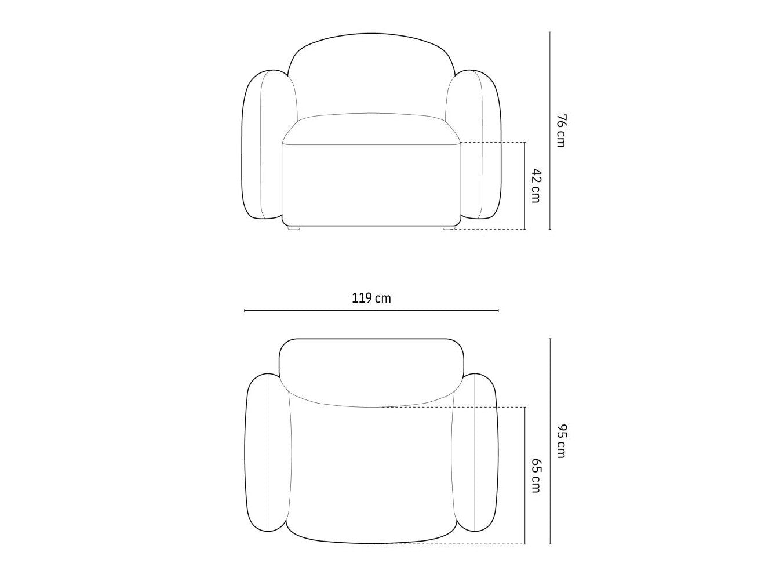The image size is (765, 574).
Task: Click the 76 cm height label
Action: tap(560, 130)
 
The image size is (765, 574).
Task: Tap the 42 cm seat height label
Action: tap(535, 186)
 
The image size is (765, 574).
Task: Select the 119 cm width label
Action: tap(371, 299)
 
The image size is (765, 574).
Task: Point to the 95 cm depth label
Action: tap(560, 441)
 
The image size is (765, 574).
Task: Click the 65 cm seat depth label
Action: tap(535, 475)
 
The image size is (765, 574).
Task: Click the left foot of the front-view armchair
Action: tap(294, 228)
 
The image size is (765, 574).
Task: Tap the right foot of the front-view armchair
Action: tap(449, 228)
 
